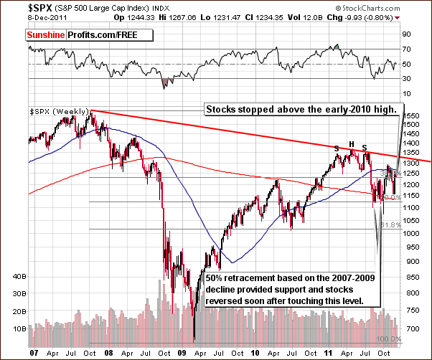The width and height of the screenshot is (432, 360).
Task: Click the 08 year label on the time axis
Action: click(x=94, y=354)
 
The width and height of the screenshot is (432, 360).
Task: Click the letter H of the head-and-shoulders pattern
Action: click(x=352, y=144)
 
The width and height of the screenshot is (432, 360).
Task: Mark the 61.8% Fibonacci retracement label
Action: click(x=390, y=224)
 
